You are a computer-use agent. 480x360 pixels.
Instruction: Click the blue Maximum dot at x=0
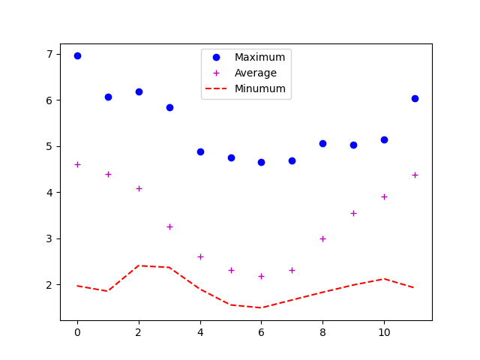(x=77, y=55)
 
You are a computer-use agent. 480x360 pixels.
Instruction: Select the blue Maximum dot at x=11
(x=415, y=98)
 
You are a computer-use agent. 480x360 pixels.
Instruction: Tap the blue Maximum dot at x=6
(x=261, y=162)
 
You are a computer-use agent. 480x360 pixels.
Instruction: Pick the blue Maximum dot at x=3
(x=169, y=107)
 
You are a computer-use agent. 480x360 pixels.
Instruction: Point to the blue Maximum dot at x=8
(x=322, y=143)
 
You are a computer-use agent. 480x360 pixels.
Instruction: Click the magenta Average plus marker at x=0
(x=77, y=164)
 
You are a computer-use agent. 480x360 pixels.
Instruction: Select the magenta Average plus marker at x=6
(x=261, y=276)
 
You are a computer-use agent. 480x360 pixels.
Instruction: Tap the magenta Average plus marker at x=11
(x=415, y=175)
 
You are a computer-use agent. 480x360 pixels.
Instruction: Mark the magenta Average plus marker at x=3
(x=169, y=226)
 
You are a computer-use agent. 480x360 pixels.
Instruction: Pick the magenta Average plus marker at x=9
(x=353, y=213)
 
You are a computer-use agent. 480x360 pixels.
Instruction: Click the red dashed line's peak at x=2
(x=139, y=265)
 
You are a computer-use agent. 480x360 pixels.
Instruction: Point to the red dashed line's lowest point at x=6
(x=261, y=307)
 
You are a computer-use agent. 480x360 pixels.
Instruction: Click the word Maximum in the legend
(x=259, y=58)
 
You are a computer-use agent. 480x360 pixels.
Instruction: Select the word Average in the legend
(x=255, y=73)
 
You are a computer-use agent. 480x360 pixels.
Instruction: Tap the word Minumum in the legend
(x=259, y=88)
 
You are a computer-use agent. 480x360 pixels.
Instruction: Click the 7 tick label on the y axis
(x=49, y=54)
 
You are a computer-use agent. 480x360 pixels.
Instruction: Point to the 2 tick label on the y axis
(x=49, y=285)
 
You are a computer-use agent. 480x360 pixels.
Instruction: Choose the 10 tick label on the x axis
(x=384, y=332)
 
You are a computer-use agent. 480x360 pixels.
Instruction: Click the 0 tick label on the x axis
(x=77, y=332)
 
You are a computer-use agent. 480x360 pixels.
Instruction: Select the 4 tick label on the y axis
(x=49, y=193)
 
